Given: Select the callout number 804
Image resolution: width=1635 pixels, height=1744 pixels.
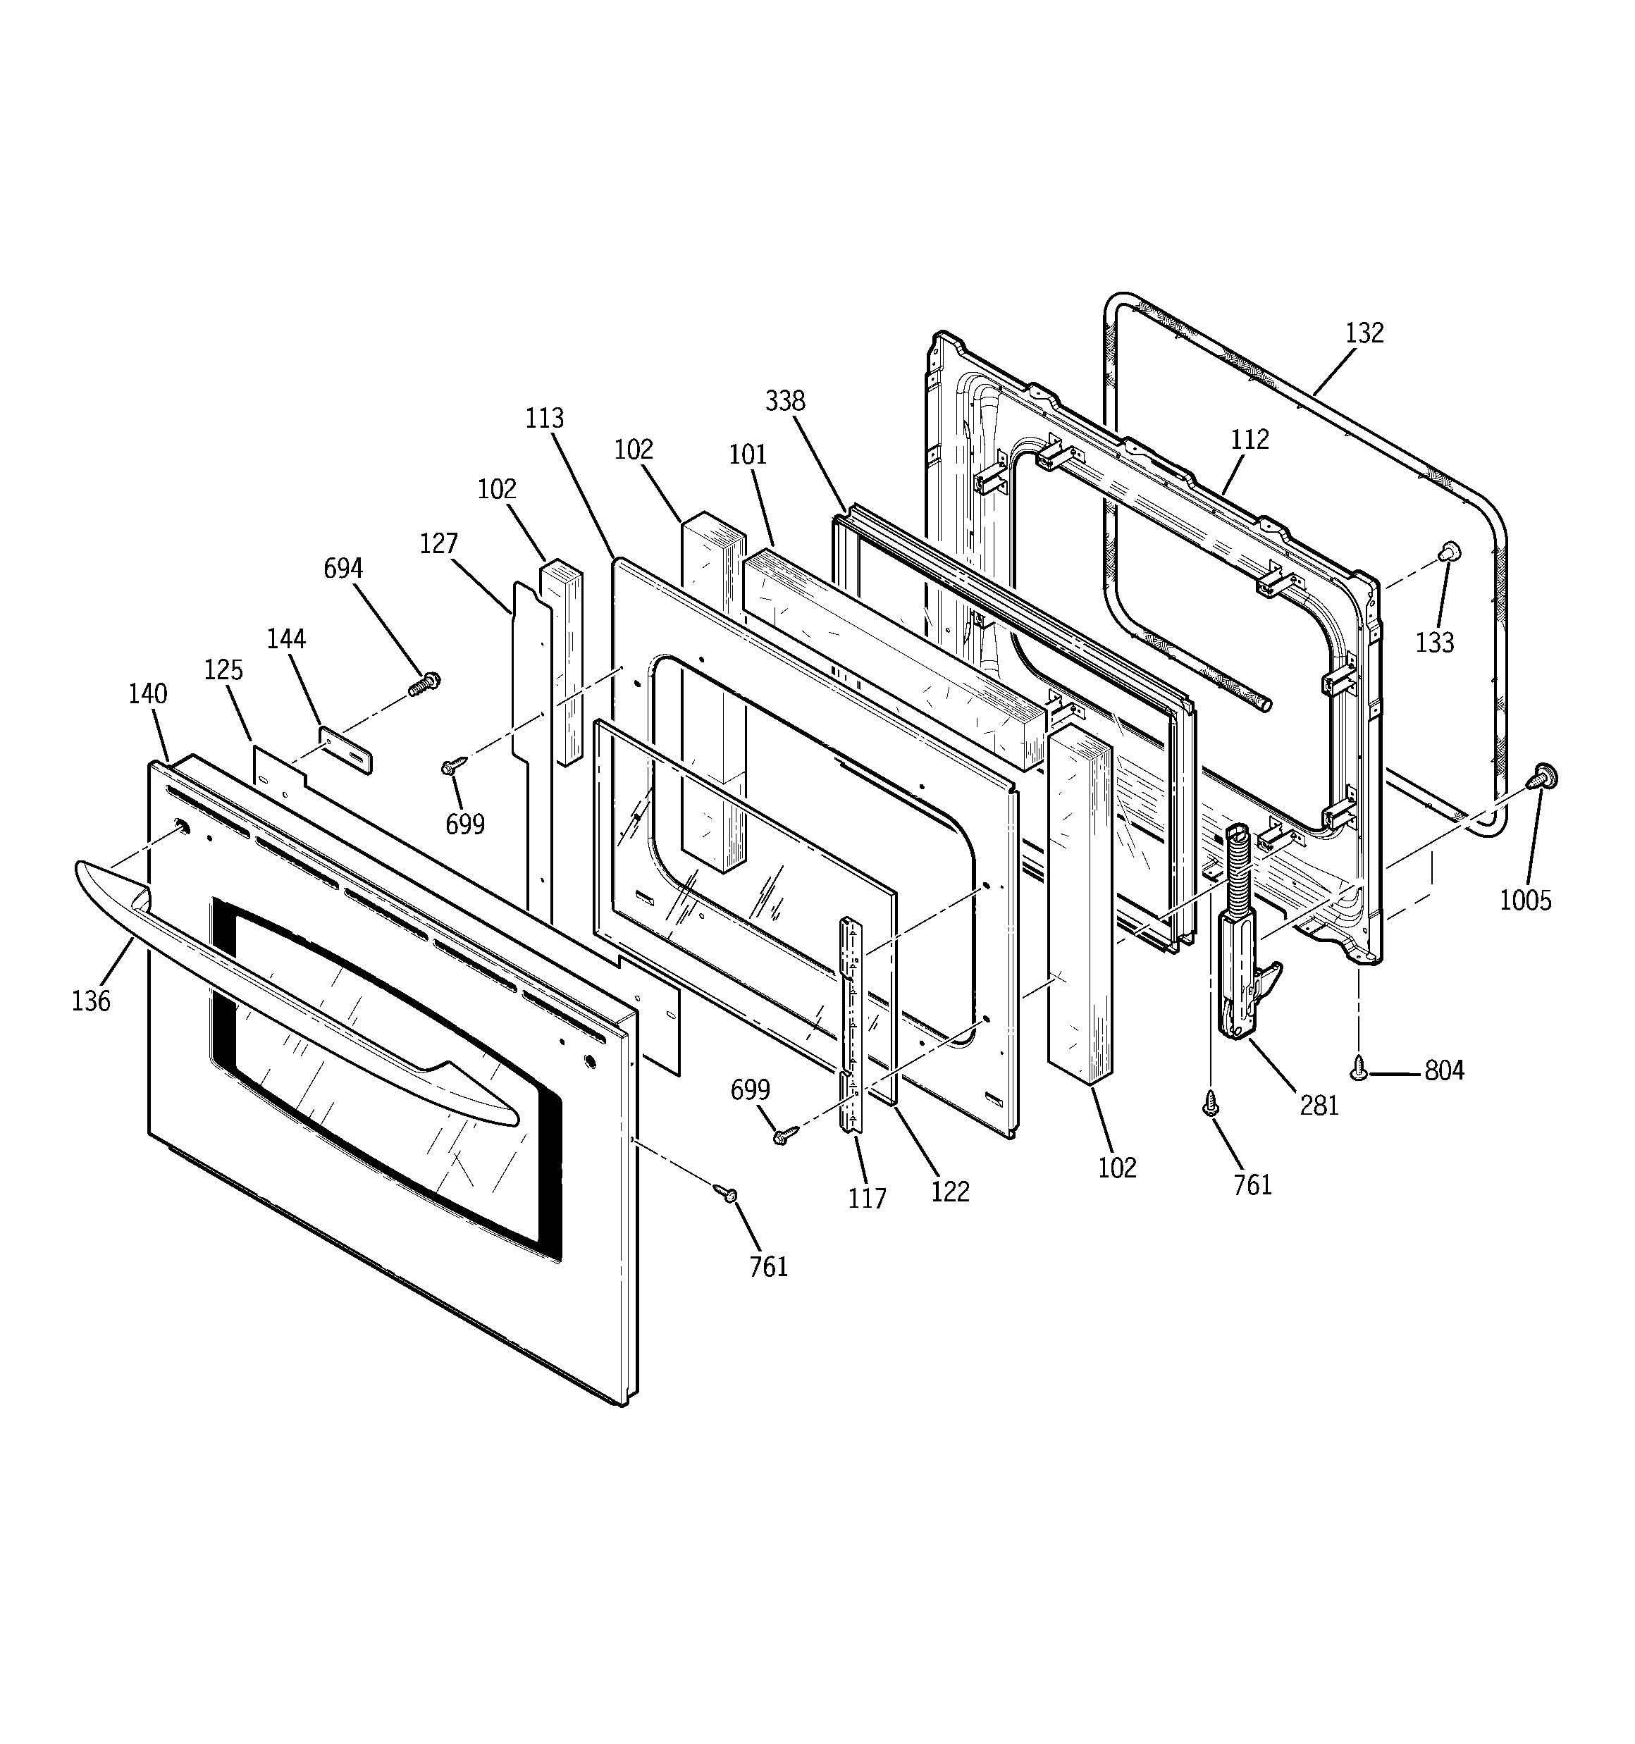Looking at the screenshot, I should click(1444, 1070).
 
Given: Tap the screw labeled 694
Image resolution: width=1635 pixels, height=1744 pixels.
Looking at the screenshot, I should click(425, 684).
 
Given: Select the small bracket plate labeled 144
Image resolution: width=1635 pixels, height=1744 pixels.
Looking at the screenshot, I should click(345, 750).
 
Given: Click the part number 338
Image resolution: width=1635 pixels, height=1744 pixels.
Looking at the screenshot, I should click(784, 401).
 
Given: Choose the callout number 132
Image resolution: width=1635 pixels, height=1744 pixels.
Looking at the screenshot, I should click(1364, 333).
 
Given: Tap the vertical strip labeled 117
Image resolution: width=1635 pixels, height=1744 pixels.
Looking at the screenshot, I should click(851, 1027).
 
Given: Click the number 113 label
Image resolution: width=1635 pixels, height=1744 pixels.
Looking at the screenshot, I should click(544, 419).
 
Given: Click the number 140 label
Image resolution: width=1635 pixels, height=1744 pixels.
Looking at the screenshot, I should click(147, 694).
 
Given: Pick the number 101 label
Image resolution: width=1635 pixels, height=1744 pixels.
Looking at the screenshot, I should click(748, 454).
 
